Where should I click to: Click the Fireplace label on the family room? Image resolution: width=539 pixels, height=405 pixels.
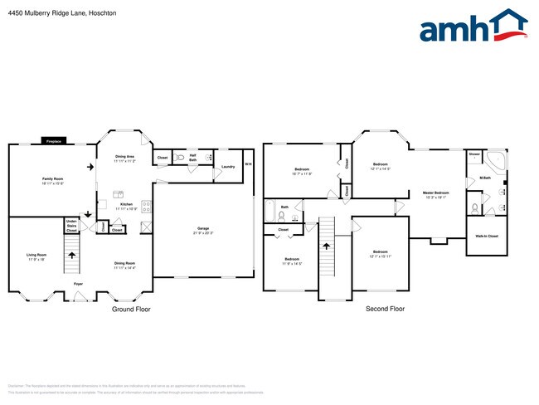tap(54, 141)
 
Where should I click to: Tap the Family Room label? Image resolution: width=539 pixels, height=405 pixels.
tap(53, 180)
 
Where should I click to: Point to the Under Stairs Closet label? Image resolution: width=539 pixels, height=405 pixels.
tap(72, 224)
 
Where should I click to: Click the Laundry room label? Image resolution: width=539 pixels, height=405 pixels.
tap(228, 166)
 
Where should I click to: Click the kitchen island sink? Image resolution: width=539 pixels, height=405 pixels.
tap(119, 193)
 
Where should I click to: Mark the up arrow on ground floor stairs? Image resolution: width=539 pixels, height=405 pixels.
tap(71, 257)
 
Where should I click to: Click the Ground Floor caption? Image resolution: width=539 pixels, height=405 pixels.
tap(131, 309)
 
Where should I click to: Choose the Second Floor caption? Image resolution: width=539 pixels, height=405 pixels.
tap(385, 309)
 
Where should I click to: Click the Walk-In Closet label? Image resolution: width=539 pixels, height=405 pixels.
tap(488, 237)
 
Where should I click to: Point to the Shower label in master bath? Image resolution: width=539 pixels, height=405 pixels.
tap(474, 154)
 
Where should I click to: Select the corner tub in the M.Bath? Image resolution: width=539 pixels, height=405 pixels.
tap(497, 160)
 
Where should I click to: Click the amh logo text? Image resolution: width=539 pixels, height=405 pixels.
tap(452, 30)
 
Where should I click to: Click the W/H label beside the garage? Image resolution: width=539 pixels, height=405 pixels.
tap(248, 163)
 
